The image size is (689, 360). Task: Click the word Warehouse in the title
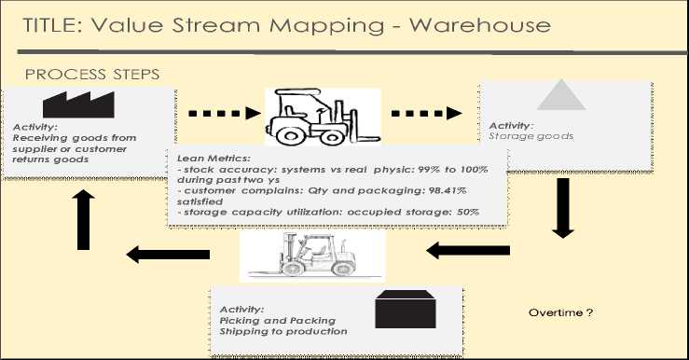pyautogui.click(x=480, y=25)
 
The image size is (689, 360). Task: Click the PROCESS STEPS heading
pyautogui.click(x=92, y=75)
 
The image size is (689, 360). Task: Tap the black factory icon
pyautogui.click(x=78, y=104)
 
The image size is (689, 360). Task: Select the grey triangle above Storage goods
pyautogui.click(x=561, y=94)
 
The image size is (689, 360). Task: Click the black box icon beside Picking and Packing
pyautogui.click(x=406, y=309)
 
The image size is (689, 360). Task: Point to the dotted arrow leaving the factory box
pyautogui.click(x=225, y=114)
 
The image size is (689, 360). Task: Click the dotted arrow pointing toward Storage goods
pyautogui.click(x=426, y=114)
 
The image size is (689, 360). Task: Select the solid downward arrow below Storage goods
pyautogui.click(x=562, y=208)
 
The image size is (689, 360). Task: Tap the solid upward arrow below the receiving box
pyautogui.click(x=83, y=220)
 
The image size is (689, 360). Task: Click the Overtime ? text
pyautogui.click(x=560, y=312)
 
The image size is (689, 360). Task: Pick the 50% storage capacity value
pyautogui.click(x=468, y=212)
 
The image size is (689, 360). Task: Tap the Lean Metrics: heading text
pyautogui.click(x=214, y=159)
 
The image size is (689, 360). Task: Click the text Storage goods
pyautogui.click(x=531, y=136)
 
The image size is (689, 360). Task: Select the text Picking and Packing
pyautogui.click(x=277, y=321)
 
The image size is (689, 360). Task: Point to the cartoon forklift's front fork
pyautogui.click(x=365, y=139)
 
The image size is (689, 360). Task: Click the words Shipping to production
pyautogui.click(x=283, y=331)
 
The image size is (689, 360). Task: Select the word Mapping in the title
pyautogui.click(x=326, y=26)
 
